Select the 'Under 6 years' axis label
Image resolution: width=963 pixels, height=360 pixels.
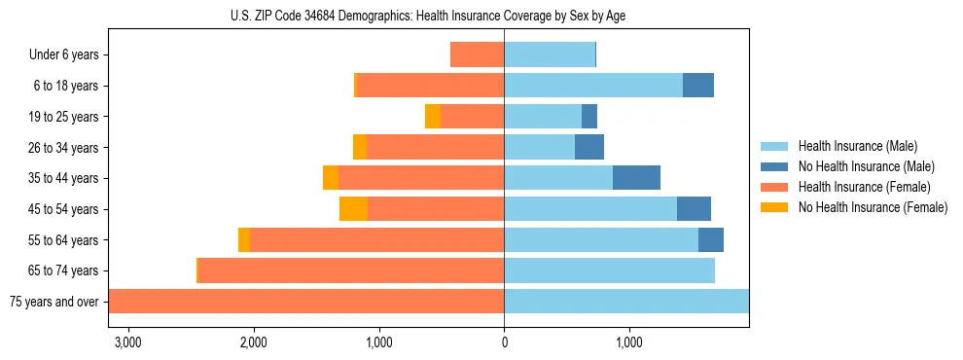[64, 55]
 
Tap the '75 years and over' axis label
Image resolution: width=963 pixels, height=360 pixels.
[54, 302]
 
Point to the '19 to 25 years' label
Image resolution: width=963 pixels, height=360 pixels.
[63, 117]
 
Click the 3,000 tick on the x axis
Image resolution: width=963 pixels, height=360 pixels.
[128, 342]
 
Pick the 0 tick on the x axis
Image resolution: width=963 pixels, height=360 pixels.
[504, 342]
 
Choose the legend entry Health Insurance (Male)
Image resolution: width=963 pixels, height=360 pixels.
[856, 146]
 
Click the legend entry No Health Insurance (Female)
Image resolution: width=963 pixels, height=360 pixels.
[872, 207]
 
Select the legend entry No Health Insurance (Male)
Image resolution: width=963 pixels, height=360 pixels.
[865, 166]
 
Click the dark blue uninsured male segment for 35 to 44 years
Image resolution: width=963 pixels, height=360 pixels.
[636, 178]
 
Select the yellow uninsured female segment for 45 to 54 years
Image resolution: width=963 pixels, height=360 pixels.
[353, 209]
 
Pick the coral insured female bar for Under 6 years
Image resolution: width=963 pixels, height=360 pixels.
[477, 55]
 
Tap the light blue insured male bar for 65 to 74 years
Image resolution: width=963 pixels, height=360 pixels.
[609, 270]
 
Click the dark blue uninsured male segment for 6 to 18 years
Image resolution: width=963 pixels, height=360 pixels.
[697, 86]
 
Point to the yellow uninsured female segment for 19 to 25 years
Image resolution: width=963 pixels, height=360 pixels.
[433, 117]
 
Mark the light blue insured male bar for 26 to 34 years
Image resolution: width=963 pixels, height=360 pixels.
[539, 148]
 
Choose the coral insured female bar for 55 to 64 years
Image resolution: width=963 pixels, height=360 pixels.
[376, 240]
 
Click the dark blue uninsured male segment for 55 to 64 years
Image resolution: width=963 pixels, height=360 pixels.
[710, 240]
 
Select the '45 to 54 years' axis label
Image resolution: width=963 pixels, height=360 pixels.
[63, 209]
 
